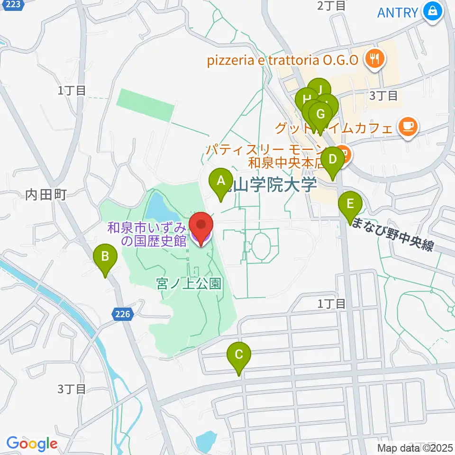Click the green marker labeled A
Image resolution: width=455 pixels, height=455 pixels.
(220, 181)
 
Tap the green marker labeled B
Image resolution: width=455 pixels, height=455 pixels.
(105, 257)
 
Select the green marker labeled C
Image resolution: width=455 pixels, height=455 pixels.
(239, 354)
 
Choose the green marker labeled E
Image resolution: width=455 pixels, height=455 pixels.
(350, 204)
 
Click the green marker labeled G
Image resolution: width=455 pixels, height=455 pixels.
(320, 114)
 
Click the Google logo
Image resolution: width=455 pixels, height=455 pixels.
(32, 444)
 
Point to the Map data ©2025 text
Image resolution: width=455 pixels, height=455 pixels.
(415, 447)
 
